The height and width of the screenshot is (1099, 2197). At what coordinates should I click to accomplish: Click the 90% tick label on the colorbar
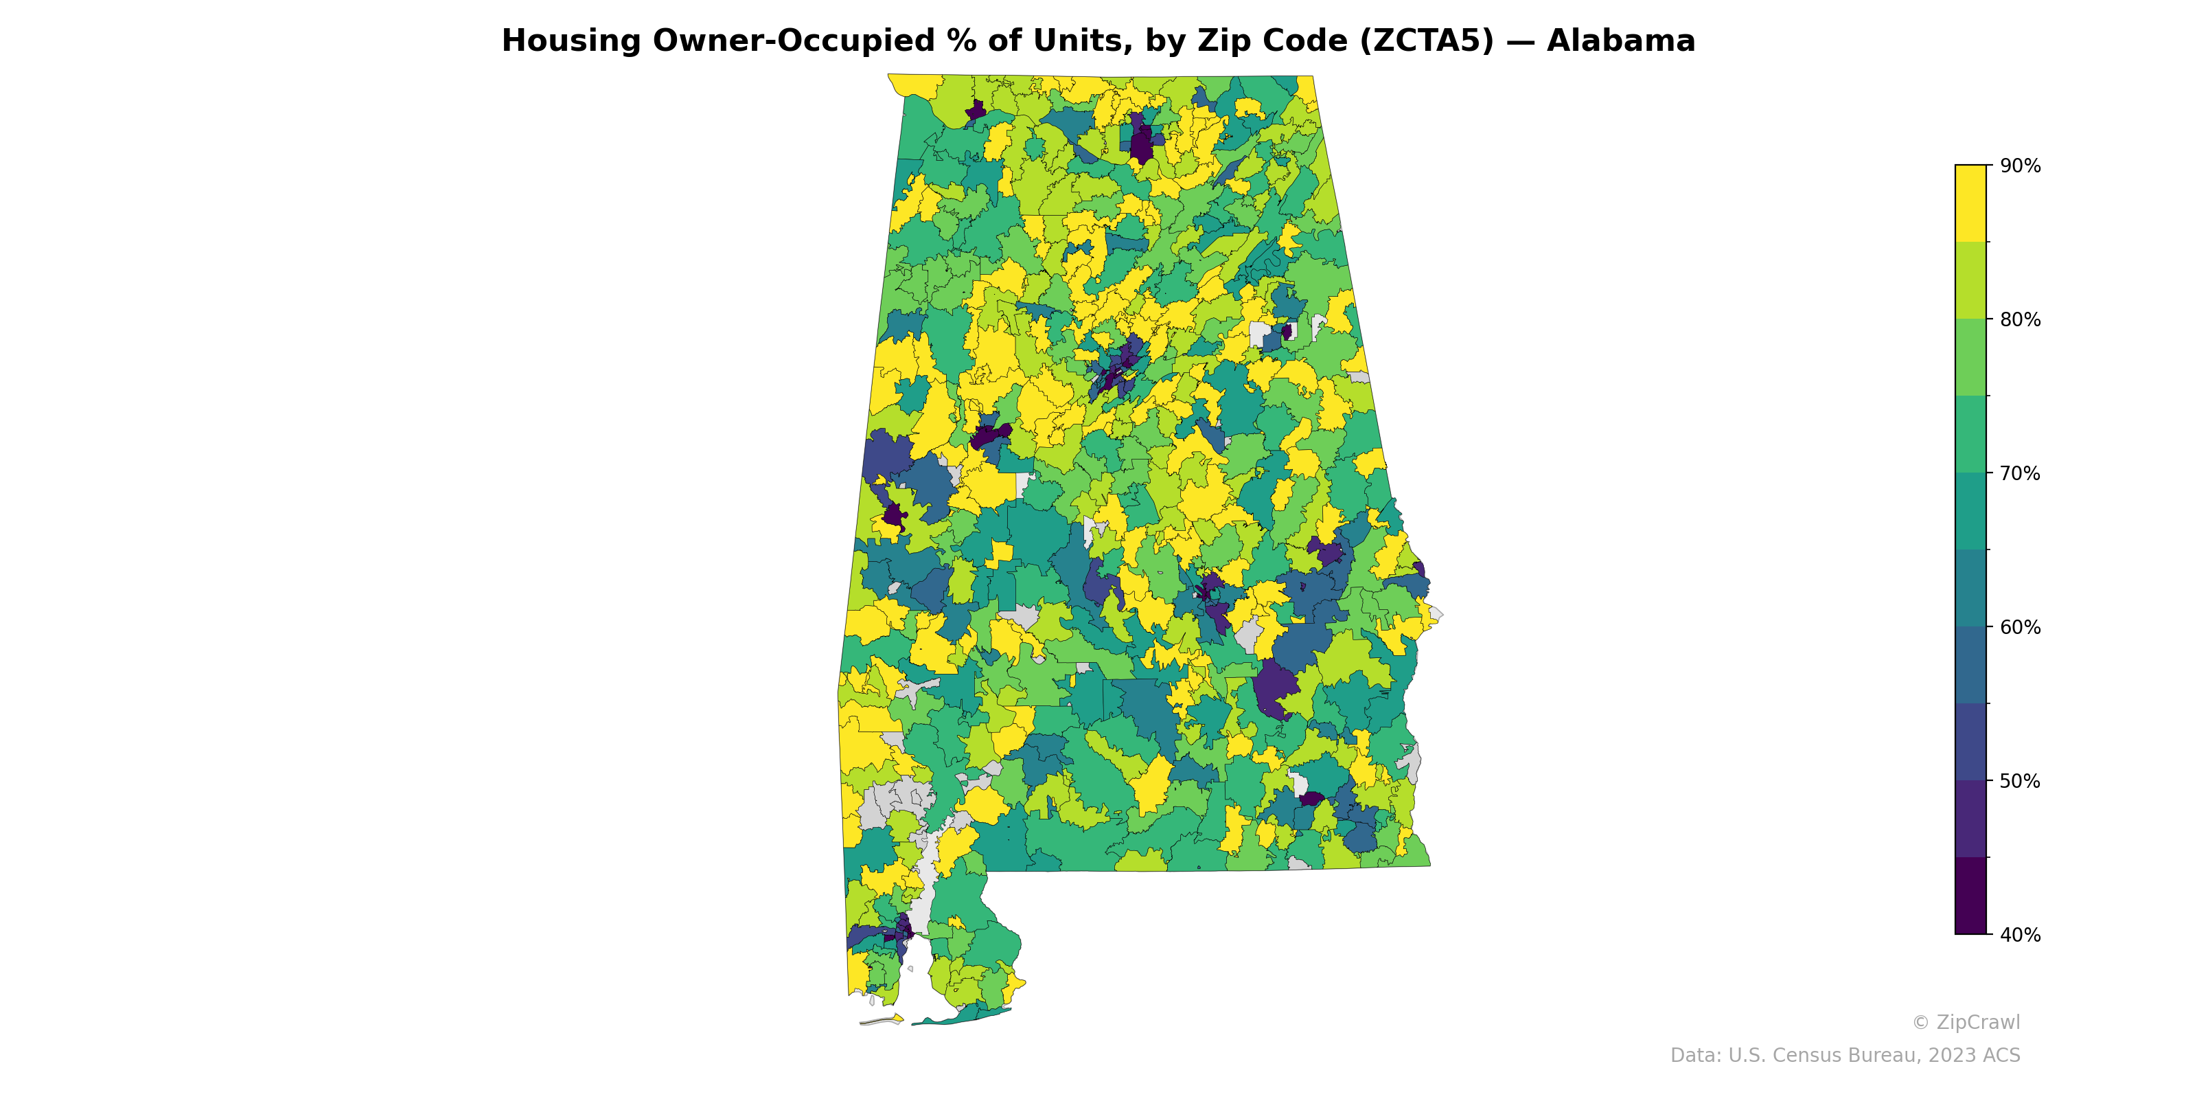pyautogui.click(x=2020, y=166)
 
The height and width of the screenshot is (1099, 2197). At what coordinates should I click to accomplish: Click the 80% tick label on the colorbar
pyautogui.click(x=2020, y=320)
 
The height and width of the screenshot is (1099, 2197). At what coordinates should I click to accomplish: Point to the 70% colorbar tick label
pyautogui.click(x=2020, y=473)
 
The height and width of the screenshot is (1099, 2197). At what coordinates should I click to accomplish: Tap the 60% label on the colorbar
pyautogui.click(x=2020, y=627)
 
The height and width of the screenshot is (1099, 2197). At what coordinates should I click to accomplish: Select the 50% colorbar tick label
pyautogui.click(x=2020, y=781)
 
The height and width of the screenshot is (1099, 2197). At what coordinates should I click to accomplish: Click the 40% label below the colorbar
pyautogui.click(x=2020, y=935)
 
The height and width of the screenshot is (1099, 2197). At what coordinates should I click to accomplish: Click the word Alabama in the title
pyautogui.click(x=1620, y=41)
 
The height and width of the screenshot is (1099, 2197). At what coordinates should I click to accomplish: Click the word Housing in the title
pyautogui.click(x=571, y=41)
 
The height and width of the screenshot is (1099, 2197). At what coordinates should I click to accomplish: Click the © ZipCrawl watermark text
pyautogui.click(x=1965, y=1022)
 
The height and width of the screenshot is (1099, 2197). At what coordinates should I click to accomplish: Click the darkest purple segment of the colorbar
pyautogui.click(x=1970, y=896)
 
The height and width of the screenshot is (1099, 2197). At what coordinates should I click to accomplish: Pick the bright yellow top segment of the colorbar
pyautogui.click(x=1970, y=203)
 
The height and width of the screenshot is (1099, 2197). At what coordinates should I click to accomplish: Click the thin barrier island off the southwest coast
pyautogui.click(x=882, y=1019)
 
